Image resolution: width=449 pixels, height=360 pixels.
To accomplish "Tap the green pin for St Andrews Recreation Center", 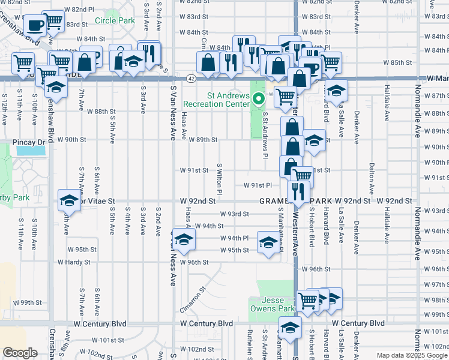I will (259, 99).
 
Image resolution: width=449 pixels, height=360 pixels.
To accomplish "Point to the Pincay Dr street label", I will (29, 142).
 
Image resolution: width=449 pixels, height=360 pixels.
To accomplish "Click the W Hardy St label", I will (74, 262).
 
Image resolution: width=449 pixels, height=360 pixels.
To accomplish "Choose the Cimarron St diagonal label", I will (191, 299).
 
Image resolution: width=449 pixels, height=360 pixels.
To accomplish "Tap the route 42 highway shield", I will (190, 79).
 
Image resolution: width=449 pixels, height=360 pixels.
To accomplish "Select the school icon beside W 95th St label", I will (268, 242).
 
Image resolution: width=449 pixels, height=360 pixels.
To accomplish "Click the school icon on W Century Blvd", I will (290, 328).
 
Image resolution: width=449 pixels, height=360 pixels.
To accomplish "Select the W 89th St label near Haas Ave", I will (202, 140).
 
